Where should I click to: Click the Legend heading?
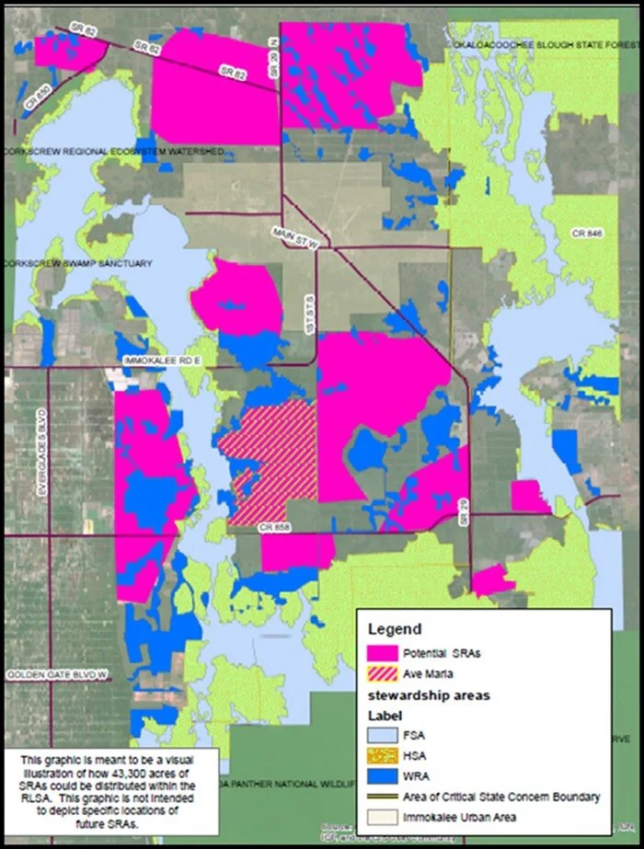coord(395,630)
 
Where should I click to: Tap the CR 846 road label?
coord(586,235)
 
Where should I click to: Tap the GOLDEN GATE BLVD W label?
coord(57,676)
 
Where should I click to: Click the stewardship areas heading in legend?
coord(417,695)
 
